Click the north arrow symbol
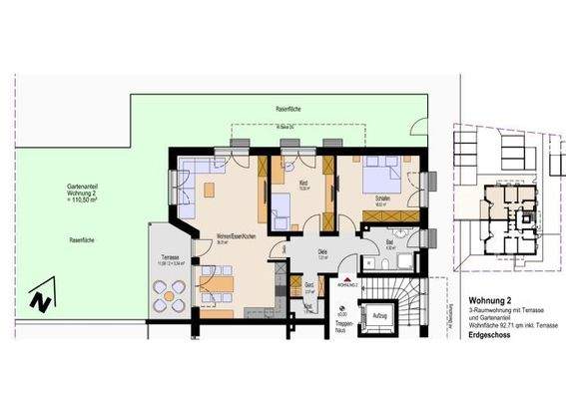pyautogui.click(x=38, y=297)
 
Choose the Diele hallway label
pyautogui.click(x=322, y=251)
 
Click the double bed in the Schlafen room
pyautogui.click(x=379, y=174)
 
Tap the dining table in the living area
pyautogui.click(x=218, y=285)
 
